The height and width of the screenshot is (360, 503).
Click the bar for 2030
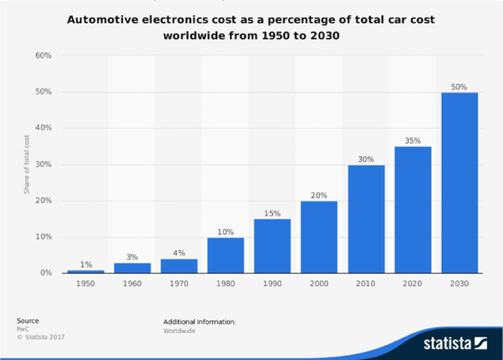tap(459, 182)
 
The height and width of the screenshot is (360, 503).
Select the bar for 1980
tap(225, 255)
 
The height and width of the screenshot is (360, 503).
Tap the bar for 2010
tap(366, 219)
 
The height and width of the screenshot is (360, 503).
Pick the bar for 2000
tap(319, 237)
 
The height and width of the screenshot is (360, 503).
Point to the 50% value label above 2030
tap(459, 86)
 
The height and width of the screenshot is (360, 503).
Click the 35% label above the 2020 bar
tap(412, 141)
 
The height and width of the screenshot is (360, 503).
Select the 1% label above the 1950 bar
tap(85, 264)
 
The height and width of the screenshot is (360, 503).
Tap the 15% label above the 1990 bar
tap(272, 213)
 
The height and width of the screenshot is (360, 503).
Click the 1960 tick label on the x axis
tap(132, 284)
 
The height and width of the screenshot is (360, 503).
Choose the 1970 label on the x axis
tap(179, 284)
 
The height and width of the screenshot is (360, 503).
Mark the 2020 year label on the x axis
tap(412, 284)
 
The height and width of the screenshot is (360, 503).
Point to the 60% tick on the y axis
tap(44, 56)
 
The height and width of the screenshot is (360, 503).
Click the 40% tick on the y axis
tap(44, 128)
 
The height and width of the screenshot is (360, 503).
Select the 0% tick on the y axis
tap(46, 273)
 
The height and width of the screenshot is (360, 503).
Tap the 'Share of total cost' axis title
tap(27, 164)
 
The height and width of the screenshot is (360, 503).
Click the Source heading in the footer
tap(27, 321)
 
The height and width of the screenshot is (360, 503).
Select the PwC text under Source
tap(23, 329)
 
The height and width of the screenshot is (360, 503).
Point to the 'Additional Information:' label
tap(199, 322)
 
